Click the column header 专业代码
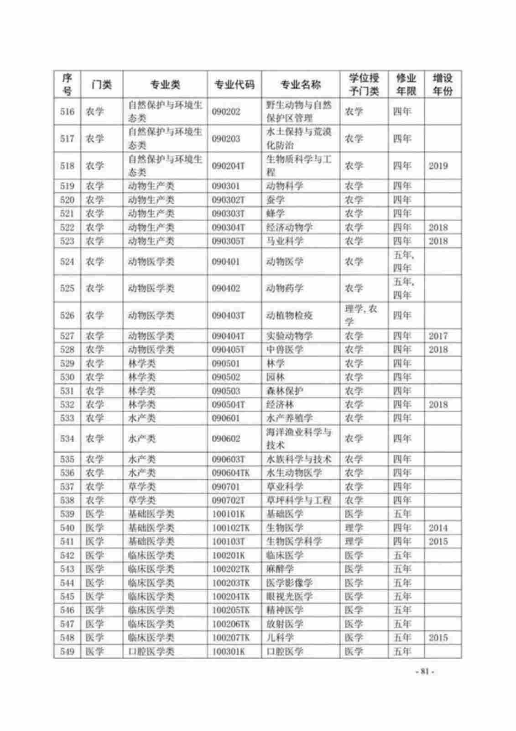tap(234, 85)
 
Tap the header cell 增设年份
tap(442, 85)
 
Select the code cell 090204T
tap(228, 166)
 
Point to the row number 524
tap(67, 261)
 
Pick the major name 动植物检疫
tap(289, 315)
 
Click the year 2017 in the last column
tap(438, 336)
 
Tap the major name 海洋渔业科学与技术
tap(298, 439)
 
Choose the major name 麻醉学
tap(280, 569)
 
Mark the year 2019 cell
tap(438, 166)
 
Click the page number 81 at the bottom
tap(425, 672)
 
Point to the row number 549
tap(67, 651)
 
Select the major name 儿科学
tap(280, 637)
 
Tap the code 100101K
tap(229, 514)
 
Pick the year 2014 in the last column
tap(438, 528)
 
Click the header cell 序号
tap(67, 85)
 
